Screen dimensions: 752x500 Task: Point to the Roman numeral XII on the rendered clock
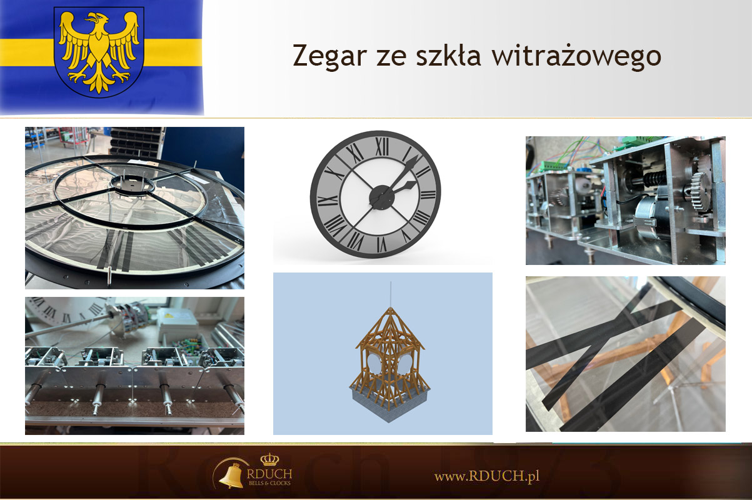coord(382,147)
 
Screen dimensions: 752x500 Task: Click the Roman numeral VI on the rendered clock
coord(381,244)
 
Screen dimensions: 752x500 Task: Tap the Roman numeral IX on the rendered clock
coord(328,201)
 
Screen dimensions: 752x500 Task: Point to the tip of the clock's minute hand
coord(418,156)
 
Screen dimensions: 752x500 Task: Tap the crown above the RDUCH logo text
coord(269,459)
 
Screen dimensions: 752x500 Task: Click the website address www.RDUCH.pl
coord(487,476)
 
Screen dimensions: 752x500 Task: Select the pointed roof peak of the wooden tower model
coord(390,308)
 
